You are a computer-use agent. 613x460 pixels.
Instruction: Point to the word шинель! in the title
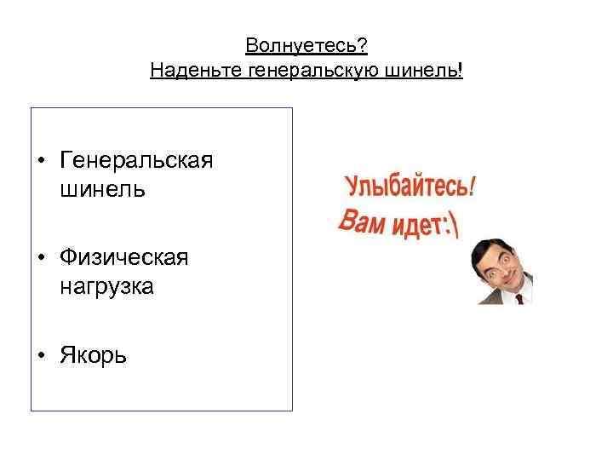pos(436,69)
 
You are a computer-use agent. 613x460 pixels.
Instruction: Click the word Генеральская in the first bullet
pos(136,160)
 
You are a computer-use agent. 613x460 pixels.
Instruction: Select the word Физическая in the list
pos(124,258)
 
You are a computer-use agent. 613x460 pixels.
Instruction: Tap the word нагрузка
pos(106,286)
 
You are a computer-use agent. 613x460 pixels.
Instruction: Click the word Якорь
pos(93,355)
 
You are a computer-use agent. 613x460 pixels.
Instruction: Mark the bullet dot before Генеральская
pos(41,161)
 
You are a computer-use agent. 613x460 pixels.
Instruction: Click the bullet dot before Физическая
pos(41,259)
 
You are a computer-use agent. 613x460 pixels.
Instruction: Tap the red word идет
pos(417,226)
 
